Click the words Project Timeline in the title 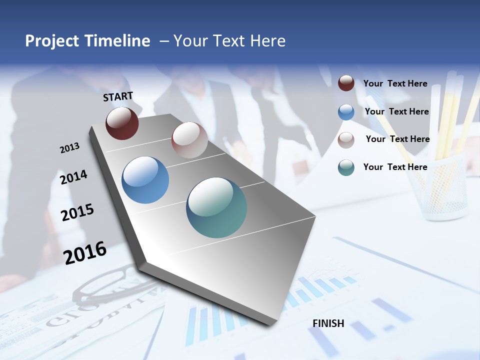coord(87,41)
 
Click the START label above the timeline coord(118,96)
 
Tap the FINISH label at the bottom coord(328,323)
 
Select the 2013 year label coord(69,148)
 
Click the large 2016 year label coord(85,252)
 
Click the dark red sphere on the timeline coord(122,123)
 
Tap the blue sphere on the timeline coord(145,180)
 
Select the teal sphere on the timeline coord(216,207)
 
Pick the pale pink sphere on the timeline coord(189,140)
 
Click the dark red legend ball coord(346,83)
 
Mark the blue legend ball coord(346,112)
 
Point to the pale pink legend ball coord(346,140)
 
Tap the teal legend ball coord(346,167)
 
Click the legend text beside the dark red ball coord(395,83)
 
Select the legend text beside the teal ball coord(395,167)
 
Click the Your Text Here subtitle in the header coord(229,41)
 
